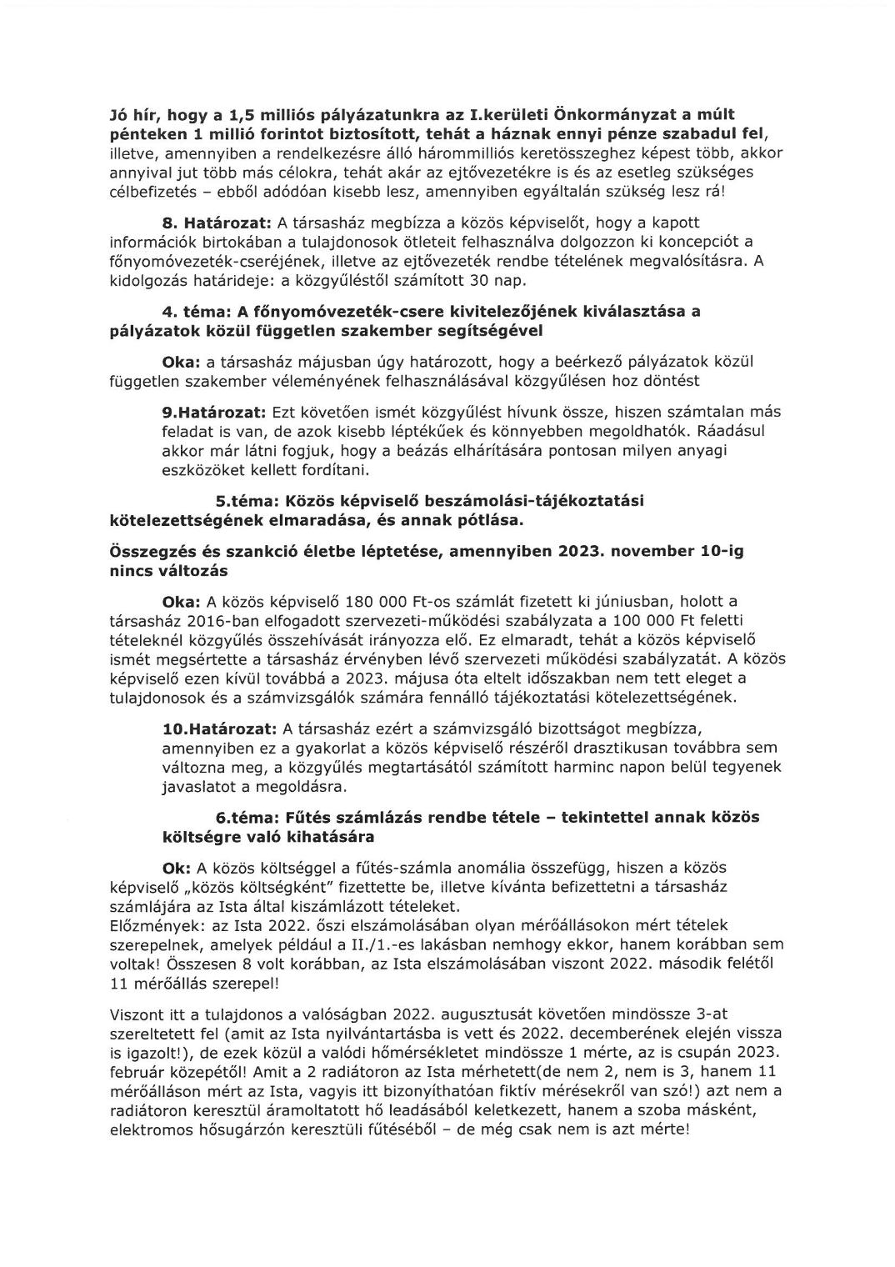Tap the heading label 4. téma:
point(197,312)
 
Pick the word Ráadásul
point(730,432)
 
